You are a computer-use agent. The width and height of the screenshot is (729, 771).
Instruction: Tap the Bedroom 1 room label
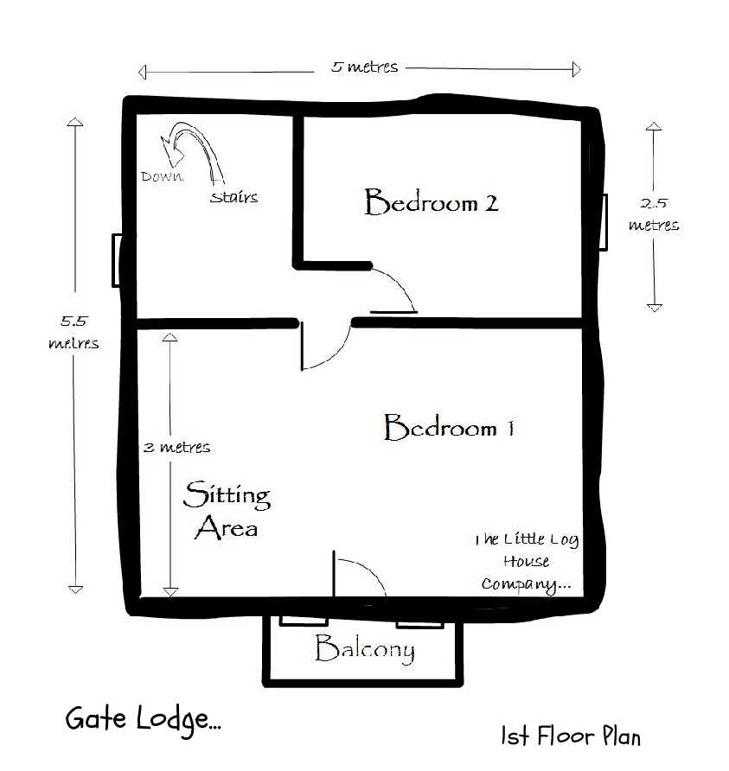tap(449, 428)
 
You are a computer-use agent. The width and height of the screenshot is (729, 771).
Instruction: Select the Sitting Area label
tap(227, 510)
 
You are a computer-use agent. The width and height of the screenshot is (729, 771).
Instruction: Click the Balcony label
tap(364, 649)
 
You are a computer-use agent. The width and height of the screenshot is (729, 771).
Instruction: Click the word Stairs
tap(233, 197)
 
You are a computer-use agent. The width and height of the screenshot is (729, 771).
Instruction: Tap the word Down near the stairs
tap(162, 176)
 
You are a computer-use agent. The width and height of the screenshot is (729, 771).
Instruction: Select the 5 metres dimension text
tap(364, 67)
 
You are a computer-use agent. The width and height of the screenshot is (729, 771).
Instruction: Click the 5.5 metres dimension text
tap(74, 332)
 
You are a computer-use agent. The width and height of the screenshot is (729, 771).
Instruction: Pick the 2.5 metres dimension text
tap(654, 214)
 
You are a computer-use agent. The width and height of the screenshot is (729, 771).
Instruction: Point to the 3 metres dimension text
tap(176, 448)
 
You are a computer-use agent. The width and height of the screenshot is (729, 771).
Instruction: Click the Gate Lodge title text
tap(143, 719)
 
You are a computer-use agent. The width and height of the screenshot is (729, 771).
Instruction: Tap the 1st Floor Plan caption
tap(571, 736)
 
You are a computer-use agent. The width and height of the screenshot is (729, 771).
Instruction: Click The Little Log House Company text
tap(526, 562)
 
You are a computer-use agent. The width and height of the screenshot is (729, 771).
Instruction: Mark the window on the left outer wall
tap(116, 259)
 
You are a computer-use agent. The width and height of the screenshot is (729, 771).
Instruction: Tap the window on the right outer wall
tap(603, 222)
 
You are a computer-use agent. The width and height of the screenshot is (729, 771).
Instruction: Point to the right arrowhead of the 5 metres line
tap(576, 69)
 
